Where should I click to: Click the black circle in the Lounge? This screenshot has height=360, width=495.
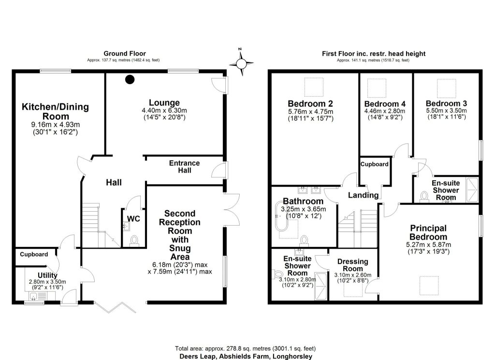(x=130, y=79)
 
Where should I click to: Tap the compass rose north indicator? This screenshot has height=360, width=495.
(x=240, y=49)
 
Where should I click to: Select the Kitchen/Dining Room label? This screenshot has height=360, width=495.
(x=55, y=111)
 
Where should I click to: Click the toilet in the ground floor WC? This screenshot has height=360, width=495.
(x=134, y=241)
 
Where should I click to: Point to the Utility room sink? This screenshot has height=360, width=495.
(x=37, y=296)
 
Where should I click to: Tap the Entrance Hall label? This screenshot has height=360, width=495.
(x=184, y=167)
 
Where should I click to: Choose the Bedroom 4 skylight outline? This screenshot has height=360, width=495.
(x=377, y=88)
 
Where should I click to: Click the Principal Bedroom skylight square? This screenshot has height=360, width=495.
(x=429, y=286)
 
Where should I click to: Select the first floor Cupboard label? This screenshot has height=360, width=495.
(x=375, y=164)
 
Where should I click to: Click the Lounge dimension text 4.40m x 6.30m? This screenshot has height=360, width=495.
(x=164, y=111)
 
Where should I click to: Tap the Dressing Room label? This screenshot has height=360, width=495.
(x=352, y=265)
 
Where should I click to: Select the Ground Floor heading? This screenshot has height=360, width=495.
(x=125, y=54)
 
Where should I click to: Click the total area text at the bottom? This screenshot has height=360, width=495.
(x=245, y=348)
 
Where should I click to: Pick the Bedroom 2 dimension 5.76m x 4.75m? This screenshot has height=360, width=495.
(x=310, y=112)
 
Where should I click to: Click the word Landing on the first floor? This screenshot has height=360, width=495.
(x=363, y=195)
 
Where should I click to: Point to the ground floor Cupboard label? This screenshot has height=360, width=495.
(x=34, y=254)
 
